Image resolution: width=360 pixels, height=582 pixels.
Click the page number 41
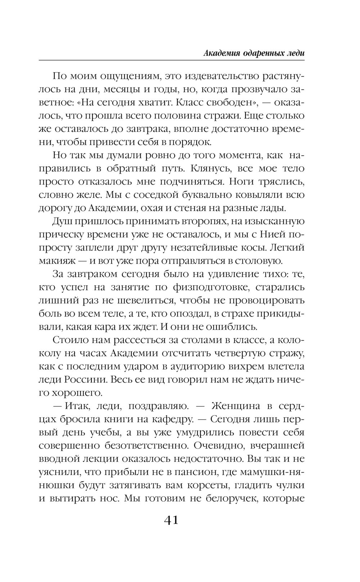171,520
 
